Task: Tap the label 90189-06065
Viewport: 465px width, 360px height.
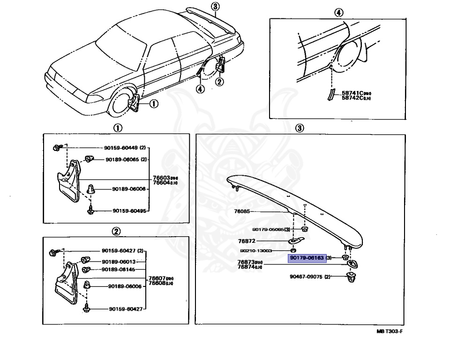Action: (122, 159)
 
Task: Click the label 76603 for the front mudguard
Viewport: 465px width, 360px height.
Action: (161, 178)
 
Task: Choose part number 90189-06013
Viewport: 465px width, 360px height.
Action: (119, 262)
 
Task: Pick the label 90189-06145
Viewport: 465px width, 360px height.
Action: (119, 270)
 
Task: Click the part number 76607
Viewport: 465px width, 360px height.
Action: (157, 278)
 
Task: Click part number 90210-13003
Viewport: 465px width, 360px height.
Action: (269, 251)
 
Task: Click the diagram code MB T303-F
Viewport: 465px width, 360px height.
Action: (390, 331)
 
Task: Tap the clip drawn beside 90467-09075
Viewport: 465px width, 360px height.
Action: (351, 277)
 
